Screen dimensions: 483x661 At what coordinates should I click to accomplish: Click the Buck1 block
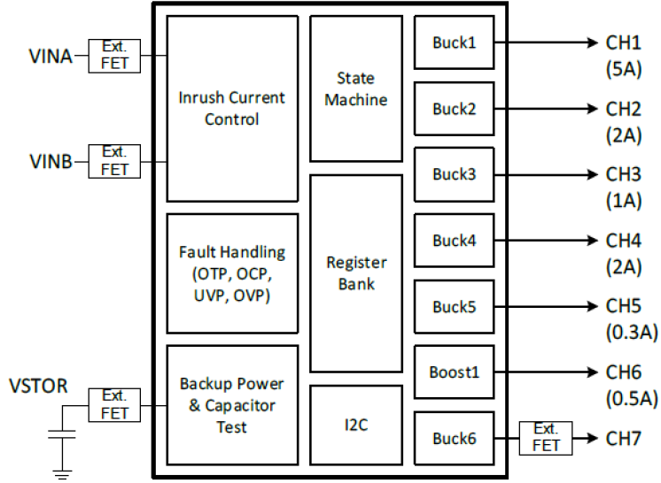coord(454,42)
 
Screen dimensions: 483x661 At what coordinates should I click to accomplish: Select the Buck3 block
coord(454,174)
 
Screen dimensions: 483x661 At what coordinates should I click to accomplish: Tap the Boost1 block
coord(454,372)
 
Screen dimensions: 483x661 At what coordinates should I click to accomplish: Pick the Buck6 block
coord(454,438)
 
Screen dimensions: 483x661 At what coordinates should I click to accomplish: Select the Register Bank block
coord(355,273)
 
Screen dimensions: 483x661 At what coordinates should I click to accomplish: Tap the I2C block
coord(355,425)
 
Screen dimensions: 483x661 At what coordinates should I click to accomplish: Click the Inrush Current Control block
coord(231,108)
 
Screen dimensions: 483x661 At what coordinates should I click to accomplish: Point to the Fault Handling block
coord(231,273)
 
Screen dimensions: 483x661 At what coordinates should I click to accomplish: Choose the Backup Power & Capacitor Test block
coord(231,405)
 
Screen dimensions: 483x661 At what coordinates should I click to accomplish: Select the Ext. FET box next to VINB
coord(114,161)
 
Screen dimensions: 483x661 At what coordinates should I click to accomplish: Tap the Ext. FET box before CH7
coord(546,438)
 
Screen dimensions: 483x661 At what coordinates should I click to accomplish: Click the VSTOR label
coord(37,387)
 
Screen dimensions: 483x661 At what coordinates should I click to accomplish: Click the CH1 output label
coord(624,42)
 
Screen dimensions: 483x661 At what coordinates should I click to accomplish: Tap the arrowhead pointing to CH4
coord(591,240)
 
